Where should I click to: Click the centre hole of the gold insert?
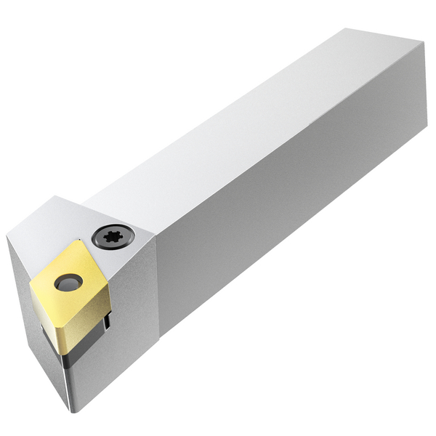pyautogui.click(x=68, y=283)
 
